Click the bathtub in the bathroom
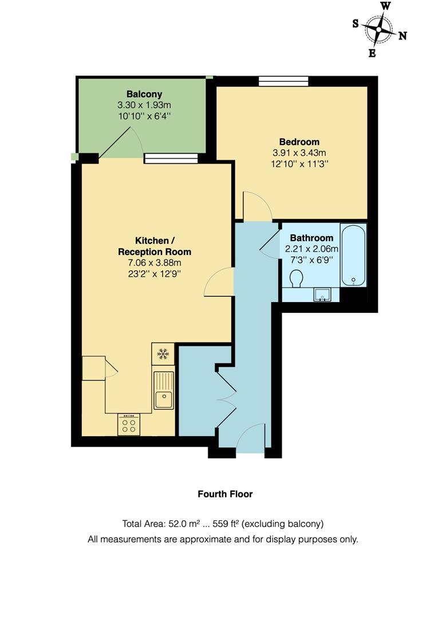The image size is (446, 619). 353,254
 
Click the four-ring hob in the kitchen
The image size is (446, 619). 129,425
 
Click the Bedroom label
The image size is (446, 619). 299,142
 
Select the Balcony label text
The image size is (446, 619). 144,94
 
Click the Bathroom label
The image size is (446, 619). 311,238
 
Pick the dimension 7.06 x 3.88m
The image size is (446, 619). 155,263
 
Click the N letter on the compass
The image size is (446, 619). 402,36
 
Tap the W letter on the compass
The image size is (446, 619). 386,6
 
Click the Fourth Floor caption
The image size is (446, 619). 225,493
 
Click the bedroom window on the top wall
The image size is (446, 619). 283,81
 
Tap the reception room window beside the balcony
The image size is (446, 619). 171,159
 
